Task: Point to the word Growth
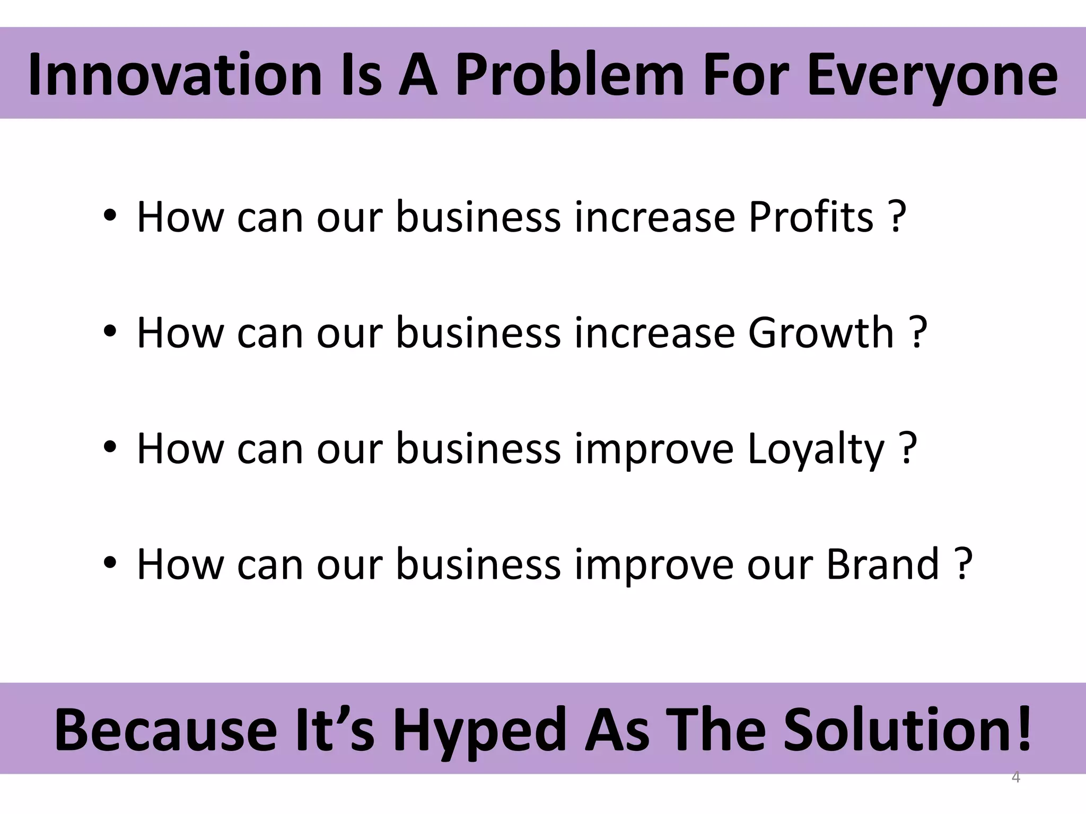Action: pyautogui.click(x=821, y=333)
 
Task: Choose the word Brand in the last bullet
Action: pyautogui.click(x=883, y=564)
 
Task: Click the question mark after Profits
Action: pyautogui.click(x=896, y=217)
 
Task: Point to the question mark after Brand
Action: pyautogui.click(x=962, y=564)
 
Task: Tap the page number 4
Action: pyautogui.click(x=1015, y=777)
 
